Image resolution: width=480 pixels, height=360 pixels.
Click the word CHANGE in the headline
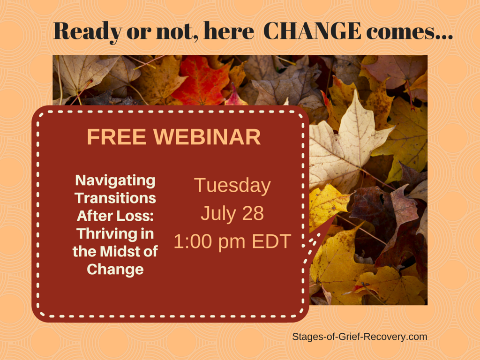[312, 31]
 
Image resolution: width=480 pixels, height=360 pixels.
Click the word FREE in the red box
[117, 136]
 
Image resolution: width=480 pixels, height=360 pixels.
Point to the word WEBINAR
[207, 136]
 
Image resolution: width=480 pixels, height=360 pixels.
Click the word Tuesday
[232, 186]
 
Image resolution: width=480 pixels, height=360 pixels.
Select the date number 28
[253, 213]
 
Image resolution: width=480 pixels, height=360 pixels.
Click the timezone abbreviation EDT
[271, 241]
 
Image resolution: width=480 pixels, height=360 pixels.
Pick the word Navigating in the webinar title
[115, 180]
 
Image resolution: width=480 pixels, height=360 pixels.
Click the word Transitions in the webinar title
[115, 198]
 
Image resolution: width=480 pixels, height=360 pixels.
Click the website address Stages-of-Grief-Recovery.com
[360, 337]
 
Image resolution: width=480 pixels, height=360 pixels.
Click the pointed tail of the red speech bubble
[335, 217]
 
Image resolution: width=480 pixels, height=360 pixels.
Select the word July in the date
[218, 214]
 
